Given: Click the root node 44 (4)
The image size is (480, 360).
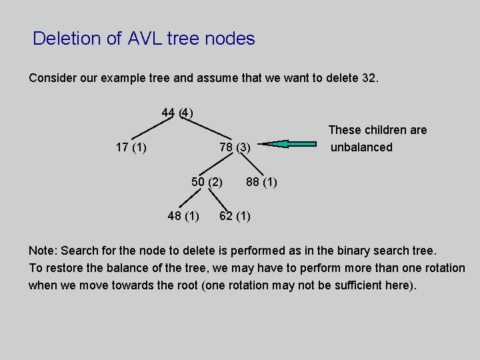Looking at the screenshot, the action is coord(177,112).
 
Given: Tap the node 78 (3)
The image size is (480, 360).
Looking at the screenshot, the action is coord(235,147).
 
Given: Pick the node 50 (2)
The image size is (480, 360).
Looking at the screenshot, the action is coord(207,181).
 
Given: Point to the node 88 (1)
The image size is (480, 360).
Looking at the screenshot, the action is coord(261,181).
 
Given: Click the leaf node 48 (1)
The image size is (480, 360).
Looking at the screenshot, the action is coord(183,215).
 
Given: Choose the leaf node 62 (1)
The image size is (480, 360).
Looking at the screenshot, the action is coord(235,215).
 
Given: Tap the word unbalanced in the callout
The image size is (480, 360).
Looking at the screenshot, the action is coord(362,147).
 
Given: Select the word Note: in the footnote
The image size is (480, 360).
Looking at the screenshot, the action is coord(43,251).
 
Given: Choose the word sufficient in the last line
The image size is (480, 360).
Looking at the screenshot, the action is coord(356,285).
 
